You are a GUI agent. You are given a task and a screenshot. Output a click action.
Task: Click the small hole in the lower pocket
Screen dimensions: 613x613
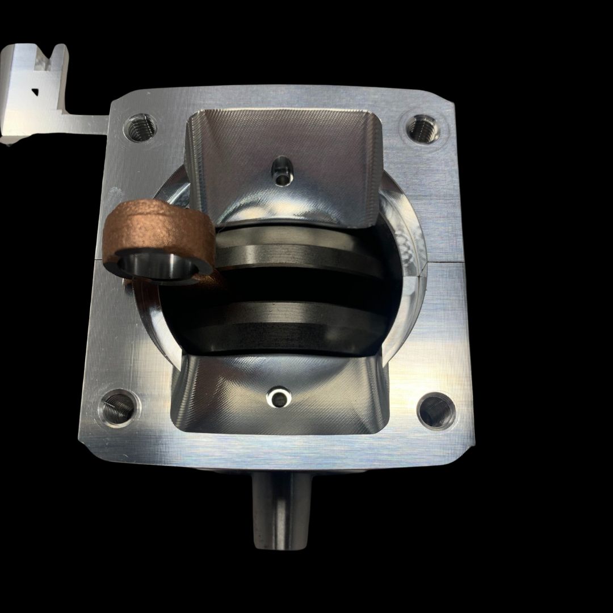[279, 396]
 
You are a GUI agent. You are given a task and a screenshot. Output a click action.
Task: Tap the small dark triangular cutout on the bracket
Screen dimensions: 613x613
[35, 89]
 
